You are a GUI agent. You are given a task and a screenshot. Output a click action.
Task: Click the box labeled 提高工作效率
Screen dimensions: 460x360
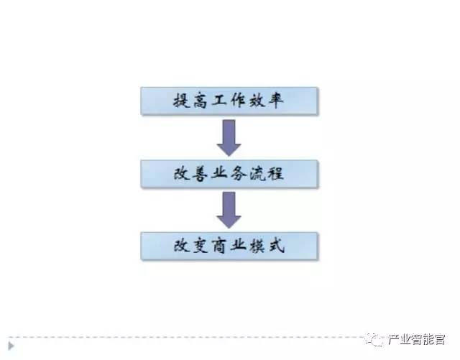[x=229, y=101]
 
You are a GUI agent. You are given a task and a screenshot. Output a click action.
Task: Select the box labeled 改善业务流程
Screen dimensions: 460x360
[x=229, y=173]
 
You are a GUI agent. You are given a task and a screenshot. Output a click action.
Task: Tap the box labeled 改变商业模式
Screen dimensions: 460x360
[x=229, y=246]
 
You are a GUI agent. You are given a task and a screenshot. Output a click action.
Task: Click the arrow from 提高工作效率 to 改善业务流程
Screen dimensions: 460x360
[x=229, y=137]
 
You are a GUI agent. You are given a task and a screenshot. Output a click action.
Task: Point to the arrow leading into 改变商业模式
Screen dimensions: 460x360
[x=229, y=210]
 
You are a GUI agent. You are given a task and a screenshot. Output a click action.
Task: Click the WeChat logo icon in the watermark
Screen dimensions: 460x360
[x=376, y=338]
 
